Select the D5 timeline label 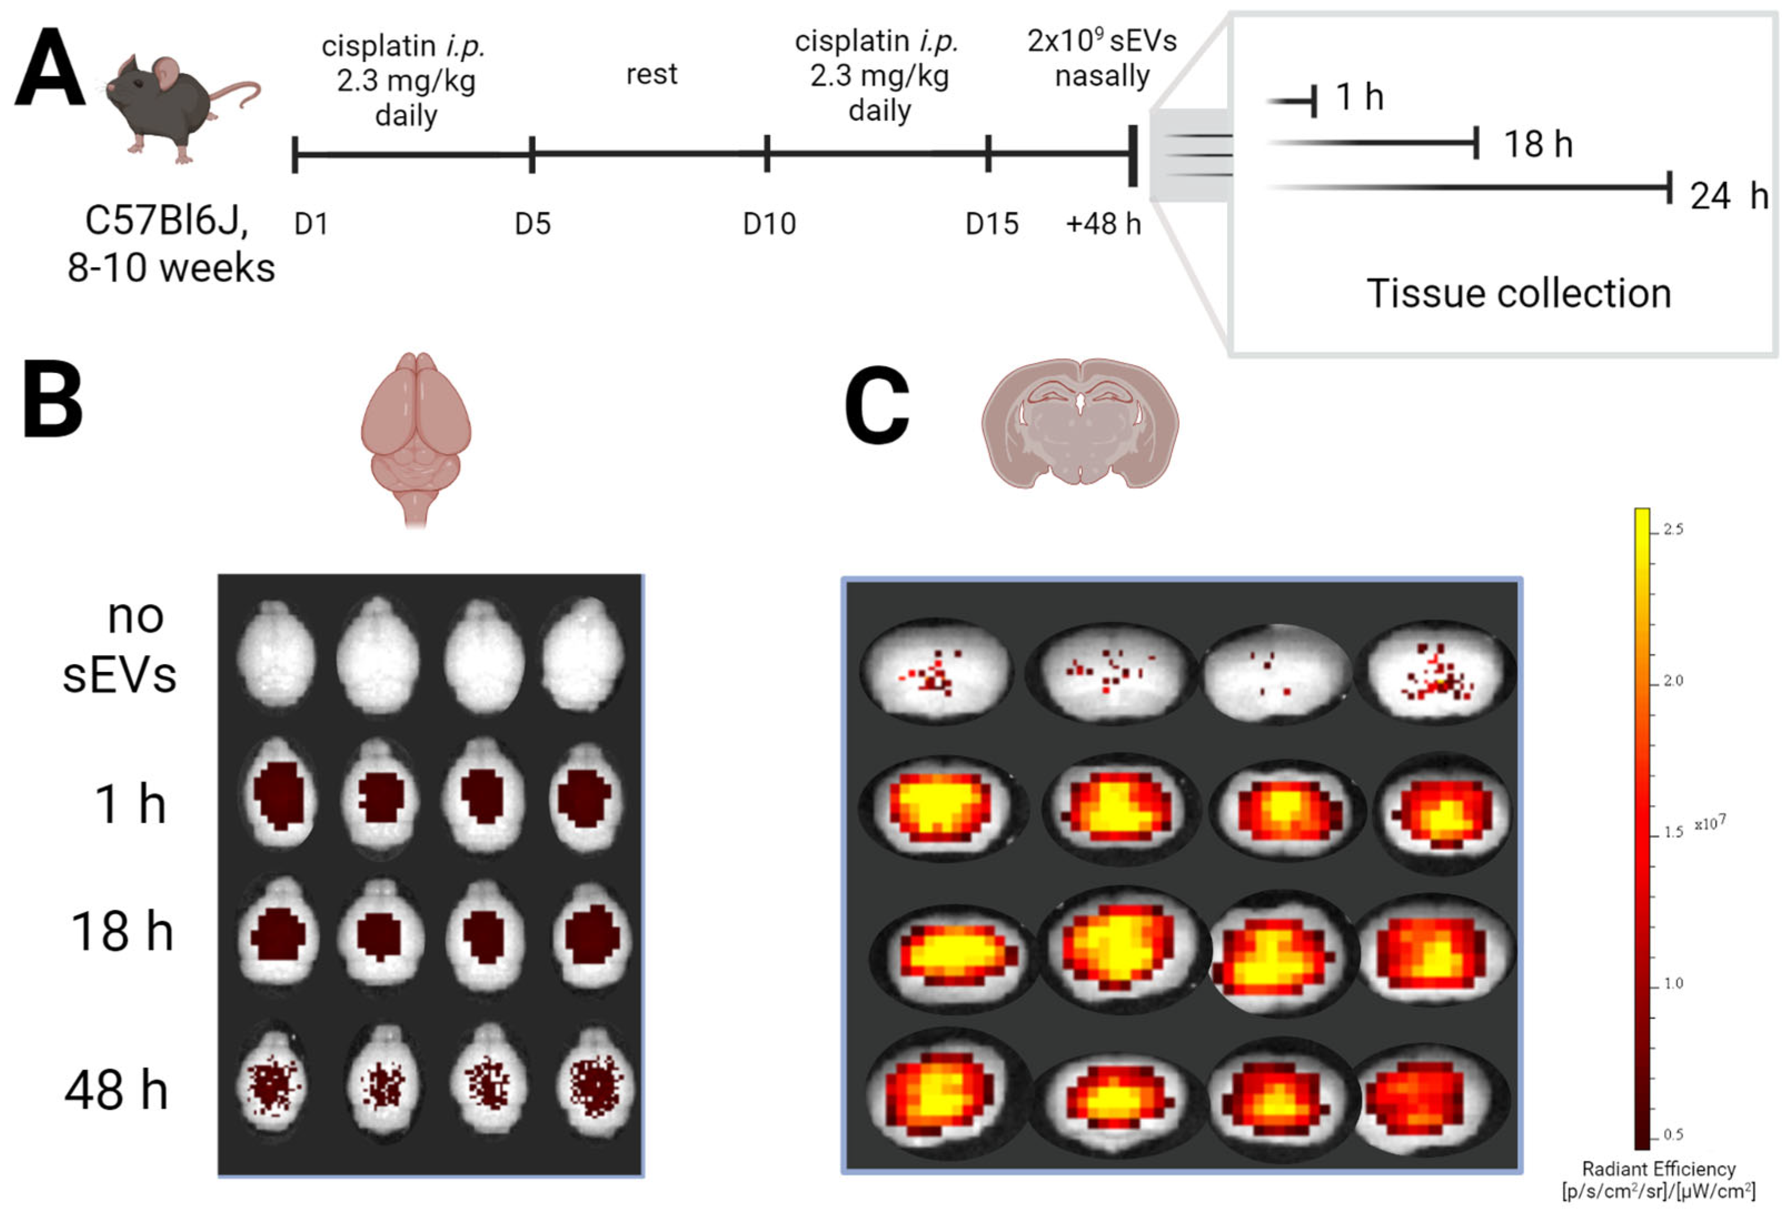533,224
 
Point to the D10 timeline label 769,224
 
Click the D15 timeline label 991,224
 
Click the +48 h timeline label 1103,224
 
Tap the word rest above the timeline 651,74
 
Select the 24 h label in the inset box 1728,196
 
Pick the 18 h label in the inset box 1538,144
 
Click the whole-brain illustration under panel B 416,434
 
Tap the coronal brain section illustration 1079,422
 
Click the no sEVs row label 121,645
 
